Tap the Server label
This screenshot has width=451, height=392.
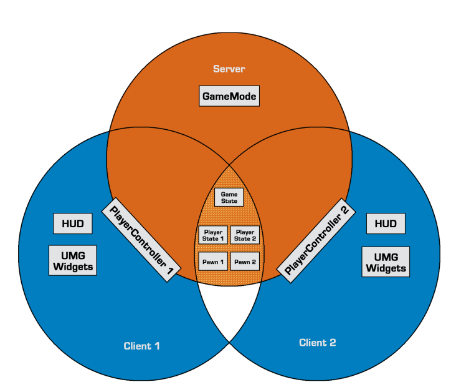[229, 69]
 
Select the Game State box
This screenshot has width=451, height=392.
[229, 198]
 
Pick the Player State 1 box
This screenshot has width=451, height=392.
[213, 235]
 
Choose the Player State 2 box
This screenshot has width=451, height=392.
[245, 235]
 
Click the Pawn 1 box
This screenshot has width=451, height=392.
[213, 262]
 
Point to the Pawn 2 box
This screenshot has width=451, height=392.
[245, 262]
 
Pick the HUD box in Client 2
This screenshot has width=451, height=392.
[386, 223]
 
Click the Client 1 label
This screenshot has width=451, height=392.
[142, 345]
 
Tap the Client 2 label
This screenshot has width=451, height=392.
[318, 342]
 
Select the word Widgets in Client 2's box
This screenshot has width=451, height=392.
[386, 269]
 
